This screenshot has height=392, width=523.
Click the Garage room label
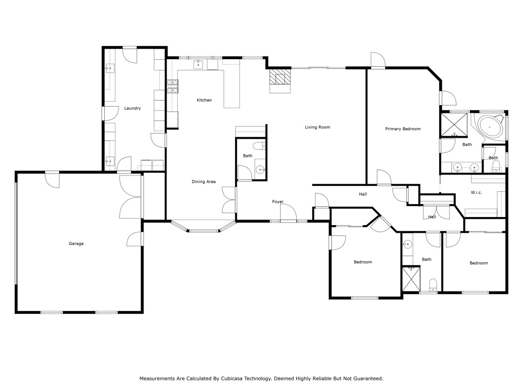pyautogui.click(x=76, y=243)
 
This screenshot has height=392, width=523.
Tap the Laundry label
pyautogui.click(x=132, y=108)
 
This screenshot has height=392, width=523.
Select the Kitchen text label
pyautogui.click(x=204, y=100)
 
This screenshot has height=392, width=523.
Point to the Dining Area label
pyautogui.click(x=204, y=182)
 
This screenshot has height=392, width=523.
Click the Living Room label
pyautogui.click(x=318, y=127)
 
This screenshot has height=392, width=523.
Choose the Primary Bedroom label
pyautogui.click(x=402, y=129)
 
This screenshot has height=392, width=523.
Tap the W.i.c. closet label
pyautogui.click(x=476, y=192)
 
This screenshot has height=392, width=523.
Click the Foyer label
pyautogui.click(x=277, y=202)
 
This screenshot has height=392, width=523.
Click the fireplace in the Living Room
pyautogui.click(x=280, y=79)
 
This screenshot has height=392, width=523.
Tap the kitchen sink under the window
pyautogui.click(x=198, y=64)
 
